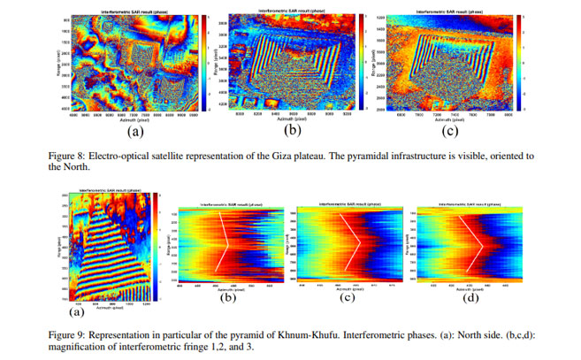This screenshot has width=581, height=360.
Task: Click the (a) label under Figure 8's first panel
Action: pos(135,132)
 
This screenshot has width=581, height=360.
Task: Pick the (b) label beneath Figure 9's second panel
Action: pos(227,296)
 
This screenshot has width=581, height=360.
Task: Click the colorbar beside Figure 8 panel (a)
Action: pos(203,63)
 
